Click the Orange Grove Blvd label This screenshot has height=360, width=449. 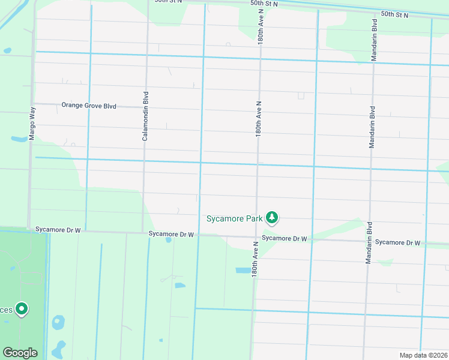88,106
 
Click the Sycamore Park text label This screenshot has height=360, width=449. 234,219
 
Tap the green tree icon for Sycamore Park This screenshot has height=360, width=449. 273,218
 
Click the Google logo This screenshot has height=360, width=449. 20,353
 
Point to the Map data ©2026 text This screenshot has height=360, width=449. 423,355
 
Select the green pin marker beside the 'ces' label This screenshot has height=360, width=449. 22,309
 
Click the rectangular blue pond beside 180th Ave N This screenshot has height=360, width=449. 243,271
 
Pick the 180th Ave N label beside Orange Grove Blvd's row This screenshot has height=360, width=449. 258,119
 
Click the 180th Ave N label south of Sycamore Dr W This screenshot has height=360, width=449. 255,259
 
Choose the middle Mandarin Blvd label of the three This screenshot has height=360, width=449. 372,127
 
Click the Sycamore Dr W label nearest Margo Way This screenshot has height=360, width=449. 58,229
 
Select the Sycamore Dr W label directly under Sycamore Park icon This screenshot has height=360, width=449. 285,238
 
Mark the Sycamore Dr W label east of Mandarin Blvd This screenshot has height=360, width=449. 397,242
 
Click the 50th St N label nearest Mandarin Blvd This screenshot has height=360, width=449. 394,14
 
